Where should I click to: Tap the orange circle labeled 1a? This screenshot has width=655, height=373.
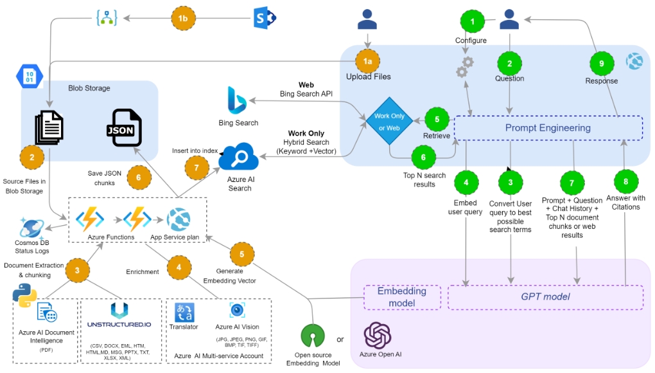pyautogui.click(x=368, y=60)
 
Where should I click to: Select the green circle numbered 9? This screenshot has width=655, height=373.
pyautogui.click(x=602, y=62)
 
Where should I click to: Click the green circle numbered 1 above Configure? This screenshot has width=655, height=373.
pyautogui.click(x=473, y=22)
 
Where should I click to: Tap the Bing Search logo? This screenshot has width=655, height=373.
pyautogui.click(x=238, y=102)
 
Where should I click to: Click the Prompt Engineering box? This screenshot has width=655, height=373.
pyautogui.click(x=548, y=128)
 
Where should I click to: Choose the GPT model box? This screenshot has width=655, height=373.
pyautogui.click(x=545, y=296)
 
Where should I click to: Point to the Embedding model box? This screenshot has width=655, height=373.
pyautogui.click(x=402, y=296)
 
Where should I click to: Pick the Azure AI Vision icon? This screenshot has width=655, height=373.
pyautogui.click(x=238, y=310)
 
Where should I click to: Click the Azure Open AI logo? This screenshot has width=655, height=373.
pyautogui.click(x=377, y=335)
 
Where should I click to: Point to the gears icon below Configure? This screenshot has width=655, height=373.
pyautogui.click(x=464, y=66)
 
